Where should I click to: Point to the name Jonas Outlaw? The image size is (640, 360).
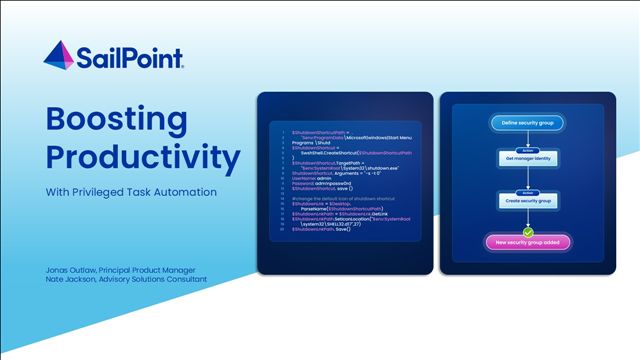pyautogui.click(x=75, y=268)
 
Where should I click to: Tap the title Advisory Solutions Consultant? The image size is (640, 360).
pyautogui.click(x=160, y=279)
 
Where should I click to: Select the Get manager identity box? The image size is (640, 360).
pyautogui.click(x=527, y=159)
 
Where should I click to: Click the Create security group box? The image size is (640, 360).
pyautogui.click(x=527, y=201)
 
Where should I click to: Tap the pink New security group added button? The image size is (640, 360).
pyautogui.click(x=527, y=242)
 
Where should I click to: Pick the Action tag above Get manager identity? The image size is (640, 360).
pyautogui.click(x=527, y=151)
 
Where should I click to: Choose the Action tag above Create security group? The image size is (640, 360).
pyautogui.click(x=527, y=193)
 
